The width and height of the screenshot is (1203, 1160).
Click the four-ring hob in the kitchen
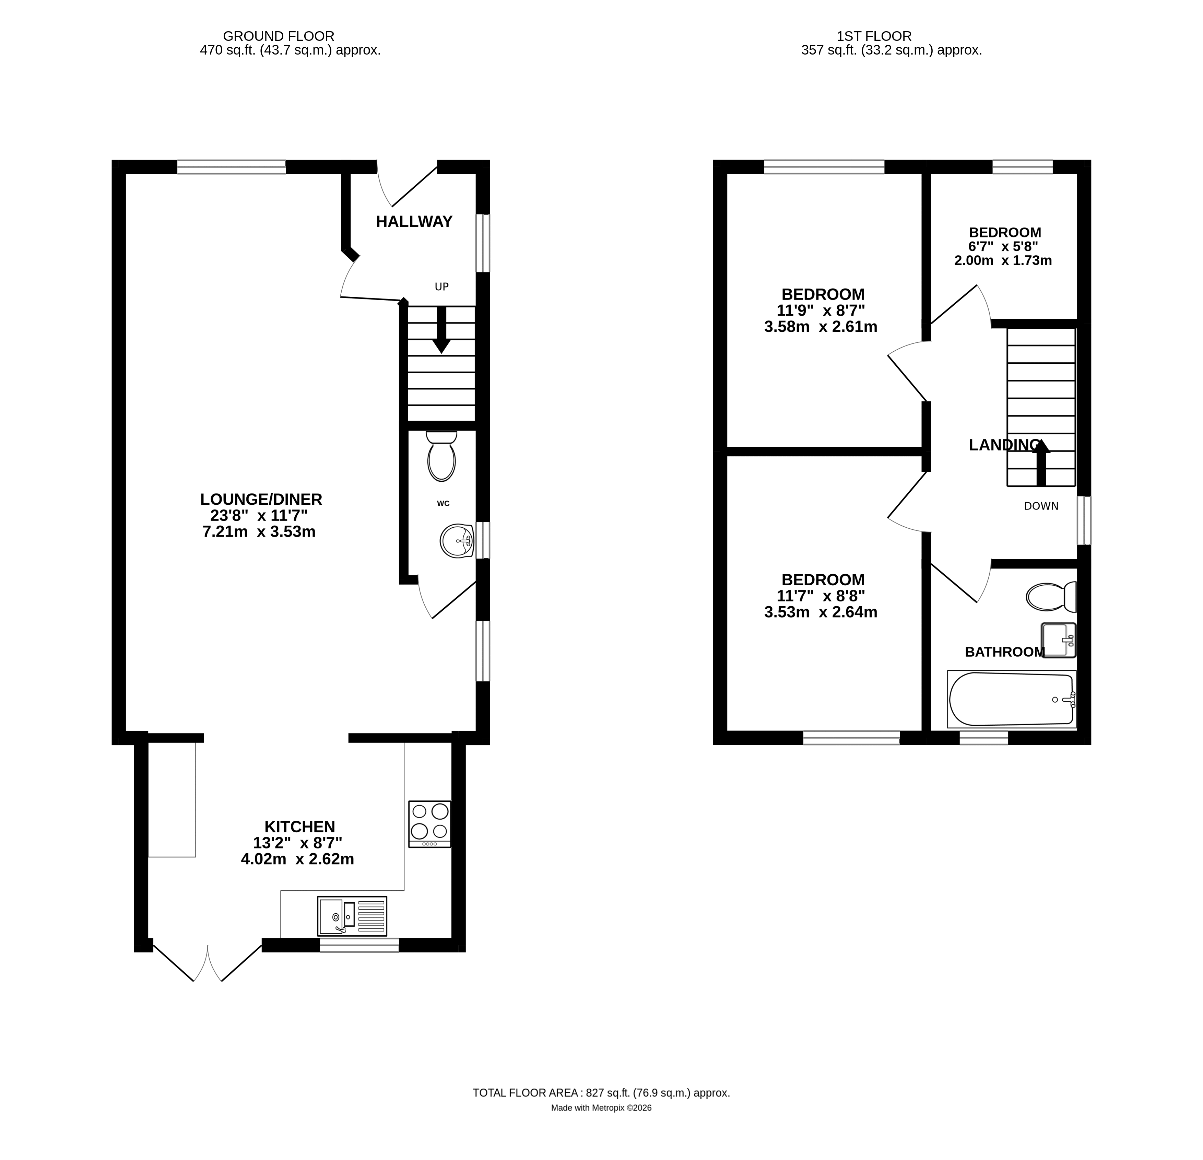click(429, 824)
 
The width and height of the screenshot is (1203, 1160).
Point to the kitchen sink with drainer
click(352, 916)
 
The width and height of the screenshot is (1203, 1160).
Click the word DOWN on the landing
click(1041, 506)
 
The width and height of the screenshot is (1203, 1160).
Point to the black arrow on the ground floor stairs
click(441, 330)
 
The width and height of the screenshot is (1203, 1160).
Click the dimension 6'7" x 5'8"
click(1003, 246)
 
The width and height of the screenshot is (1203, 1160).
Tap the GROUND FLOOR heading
click(279, 36)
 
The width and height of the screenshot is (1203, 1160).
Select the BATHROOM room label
click(1005, 652)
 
